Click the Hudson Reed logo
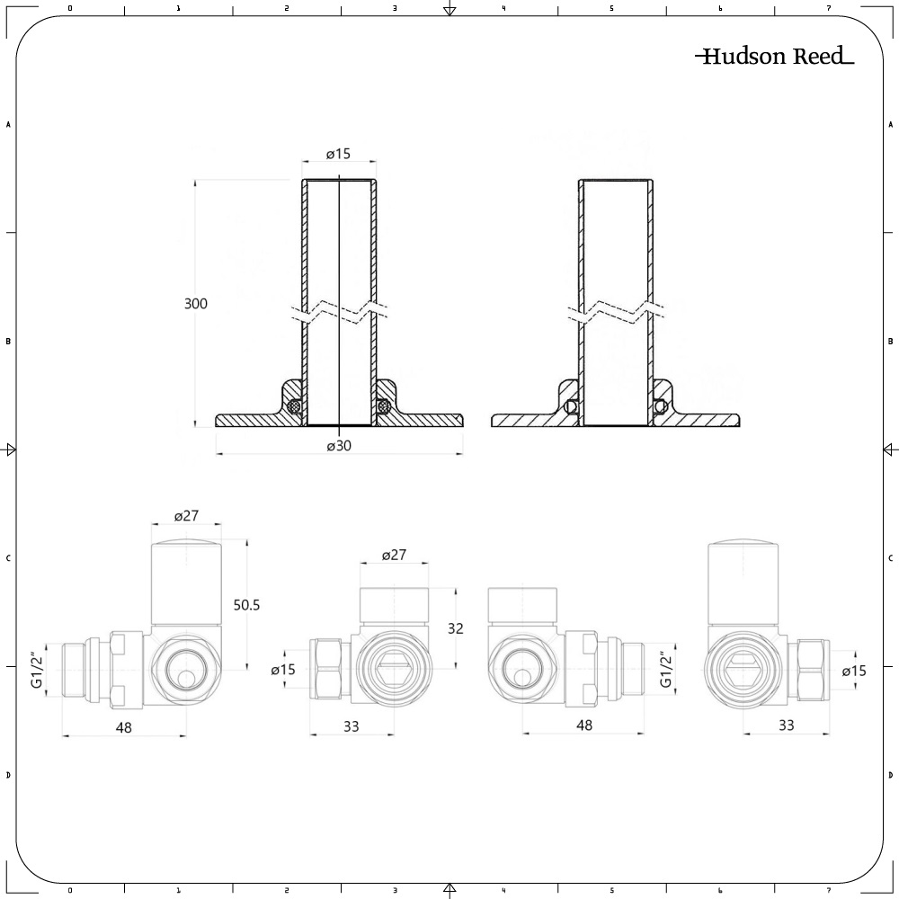[x=774, y=57]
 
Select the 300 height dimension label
[x=196, y=304]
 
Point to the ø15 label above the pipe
[x=338, y=155]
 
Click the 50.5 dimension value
[x=246, y=605]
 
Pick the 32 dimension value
[x=456, y=628]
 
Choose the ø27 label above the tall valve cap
[x=186, y=516]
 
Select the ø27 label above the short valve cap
[x=395, y=556]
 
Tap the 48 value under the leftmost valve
[x=124, y=727]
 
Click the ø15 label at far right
[x=855, y=671]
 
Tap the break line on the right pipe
[x=616, y=313]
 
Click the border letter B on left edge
[x=8, y=342]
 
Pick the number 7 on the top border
[x=829, y=8]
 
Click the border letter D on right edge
[x=890, y=775]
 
